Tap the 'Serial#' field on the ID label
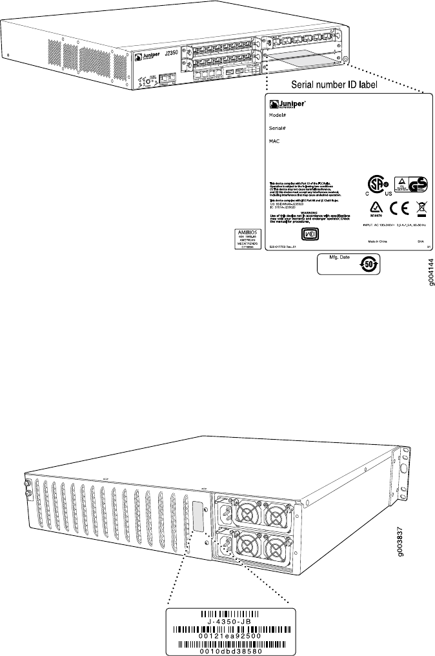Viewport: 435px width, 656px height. click(x=278, y=128)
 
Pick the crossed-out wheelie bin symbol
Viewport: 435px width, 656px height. click(x=420, y=209)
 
